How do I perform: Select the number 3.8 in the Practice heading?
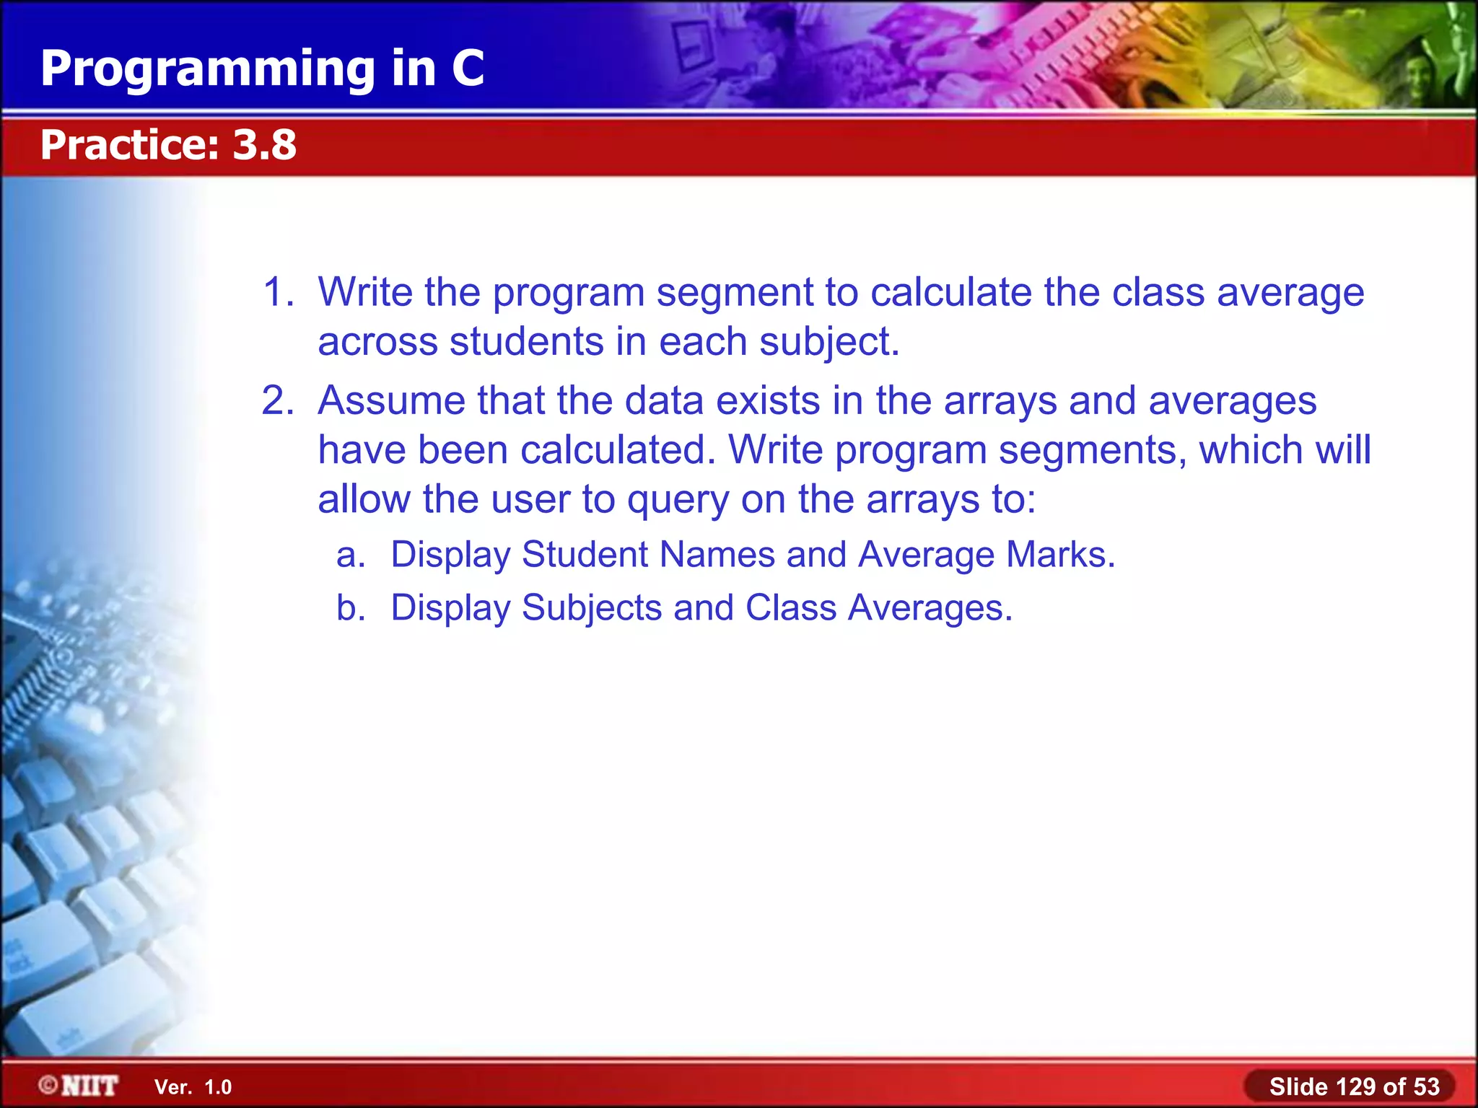tap(264, 144)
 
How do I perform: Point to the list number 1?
tap(277, 292)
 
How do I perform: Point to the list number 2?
tap(277, 400)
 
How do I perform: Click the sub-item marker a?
tap(351, 555)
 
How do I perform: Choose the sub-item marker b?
tap(351, 607)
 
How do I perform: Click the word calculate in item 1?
tap(950, 292)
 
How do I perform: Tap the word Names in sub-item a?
tap(717, 555)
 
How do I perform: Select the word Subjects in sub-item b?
tap(591, 607)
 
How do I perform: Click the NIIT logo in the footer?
tap(79, 1085)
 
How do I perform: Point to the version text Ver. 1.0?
tap(193, 1087)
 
